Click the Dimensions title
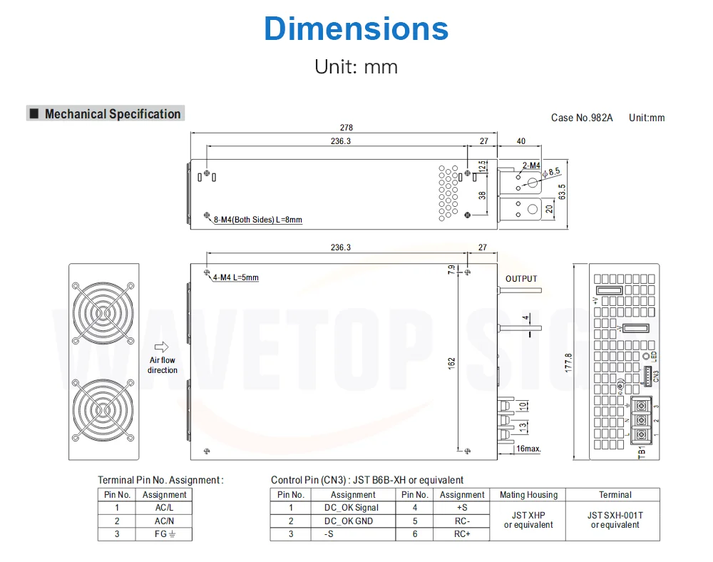tap(356, 29)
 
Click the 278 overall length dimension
tap(347, 128)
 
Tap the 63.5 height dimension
tap(562, 192)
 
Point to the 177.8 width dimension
tap(568, 362)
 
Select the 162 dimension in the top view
tap(451, 363)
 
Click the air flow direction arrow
tap(161, 347)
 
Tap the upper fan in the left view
tap(103, 313)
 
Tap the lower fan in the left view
tap(103, 410)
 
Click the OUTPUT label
tap(521, 279)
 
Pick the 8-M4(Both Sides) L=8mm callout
tap(258, 220)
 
